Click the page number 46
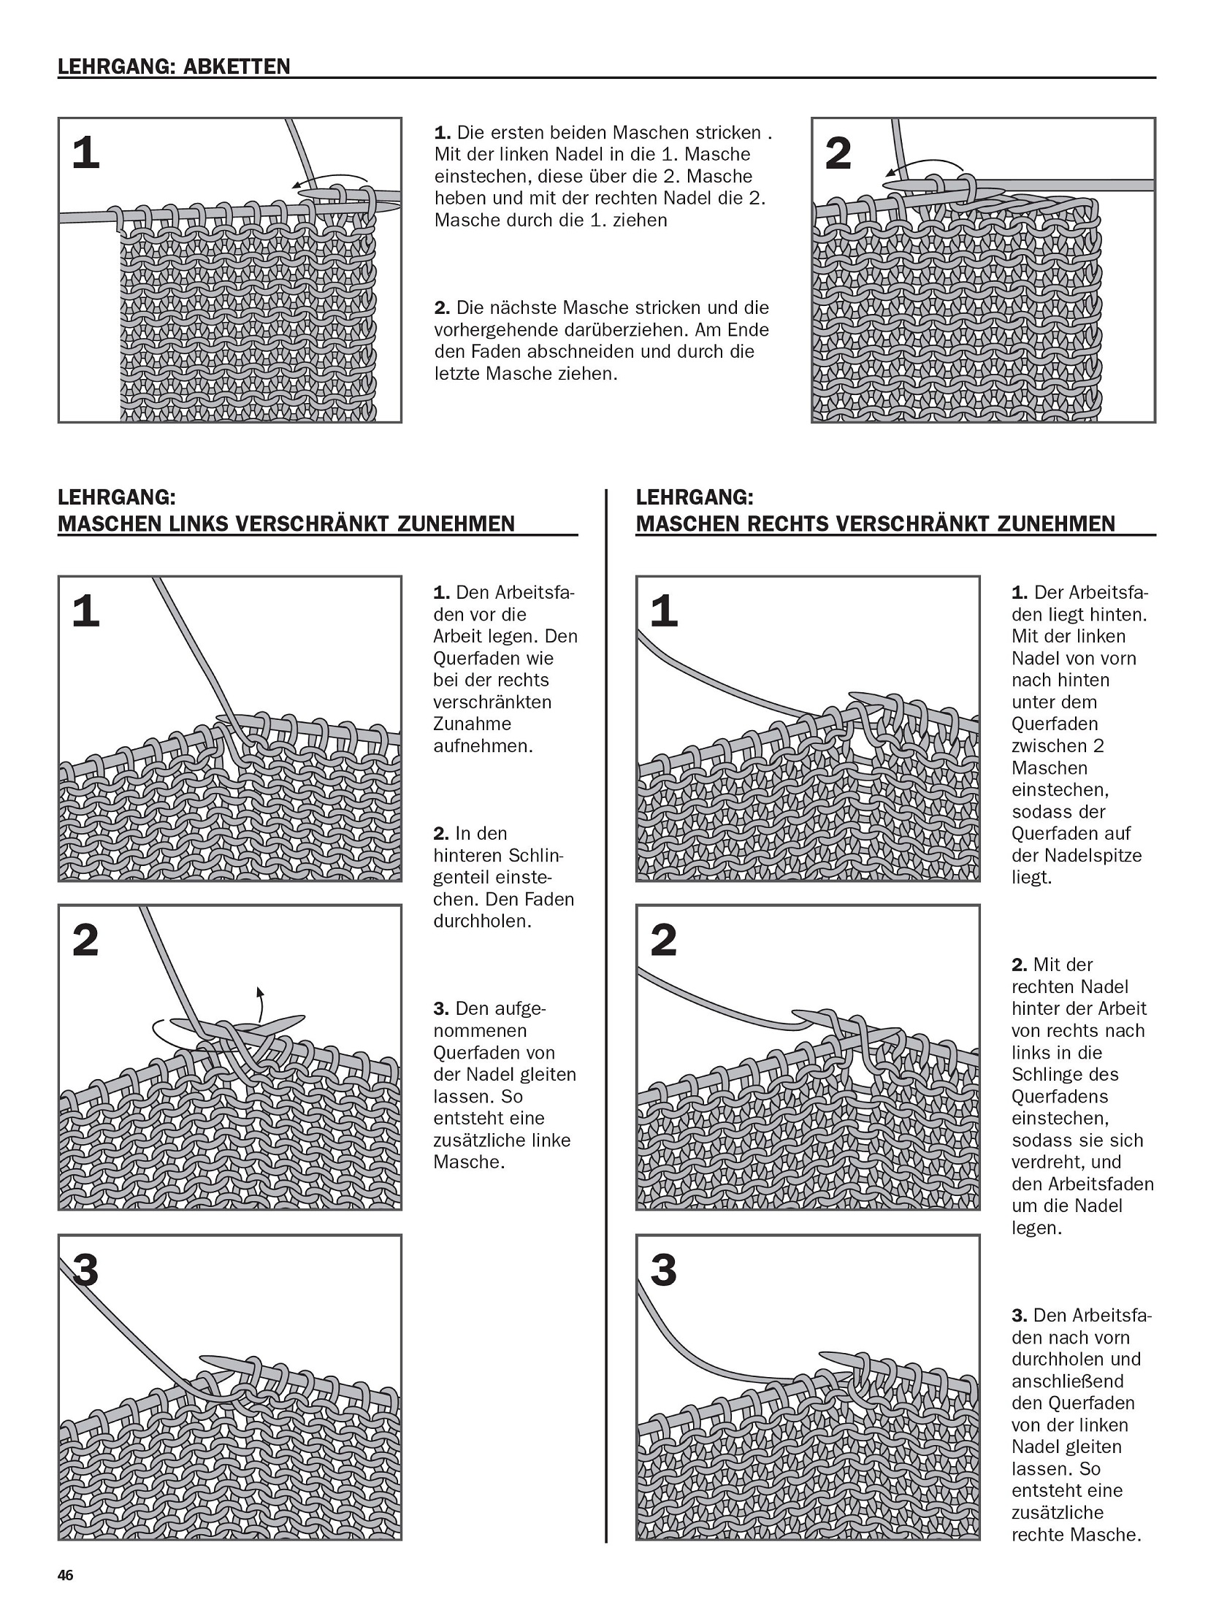[x=65, y=1575]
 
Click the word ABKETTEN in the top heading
[x=237, y=67]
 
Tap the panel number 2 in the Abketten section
[x=838, y=154]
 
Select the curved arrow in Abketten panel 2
[x=925, y=166]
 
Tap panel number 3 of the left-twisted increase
[x=85, y=1270]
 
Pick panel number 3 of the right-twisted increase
[x=663, y=1270]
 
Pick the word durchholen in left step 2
[x=481, y=921]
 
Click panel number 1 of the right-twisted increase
[x=663, y=611]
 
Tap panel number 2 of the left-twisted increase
[x=85, y=940]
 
